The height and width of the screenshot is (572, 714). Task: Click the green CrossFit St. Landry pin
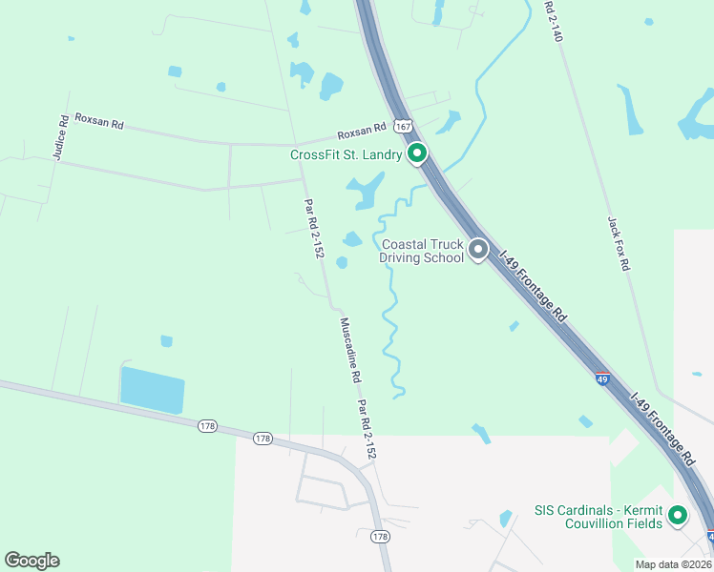coord(416,153)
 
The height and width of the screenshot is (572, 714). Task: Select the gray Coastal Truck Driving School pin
coord(478,250)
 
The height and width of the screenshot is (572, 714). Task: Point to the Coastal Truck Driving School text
coord(422,251)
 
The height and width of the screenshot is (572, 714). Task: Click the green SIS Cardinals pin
coord(678,516)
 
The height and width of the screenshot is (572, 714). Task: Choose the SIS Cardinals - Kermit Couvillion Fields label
coord(600,517)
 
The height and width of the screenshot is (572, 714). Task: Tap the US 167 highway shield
coord(403,126)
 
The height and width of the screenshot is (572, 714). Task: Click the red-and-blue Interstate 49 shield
coord(602,378)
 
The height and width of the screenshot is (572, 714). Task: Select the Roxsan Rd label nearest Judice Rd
coord(99,124)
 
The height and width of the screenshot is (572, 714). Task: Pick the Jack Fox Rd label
coord(618,243)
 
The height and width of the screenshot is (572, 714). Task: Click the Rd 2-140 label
coord(554,20)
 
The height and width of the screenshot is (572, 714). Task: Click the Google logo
coord(31,561)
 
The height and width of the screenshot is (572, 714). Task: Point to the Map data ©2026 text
coord(673,564)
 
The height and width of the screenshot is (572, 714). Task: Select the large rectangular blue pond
coord(152,390)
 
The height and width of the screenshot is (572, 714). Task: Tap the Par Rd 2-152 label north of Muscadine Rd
coord(314,228)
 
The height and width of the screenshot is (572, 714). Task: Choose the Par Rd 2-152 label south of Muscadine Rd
coord(367,430)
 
